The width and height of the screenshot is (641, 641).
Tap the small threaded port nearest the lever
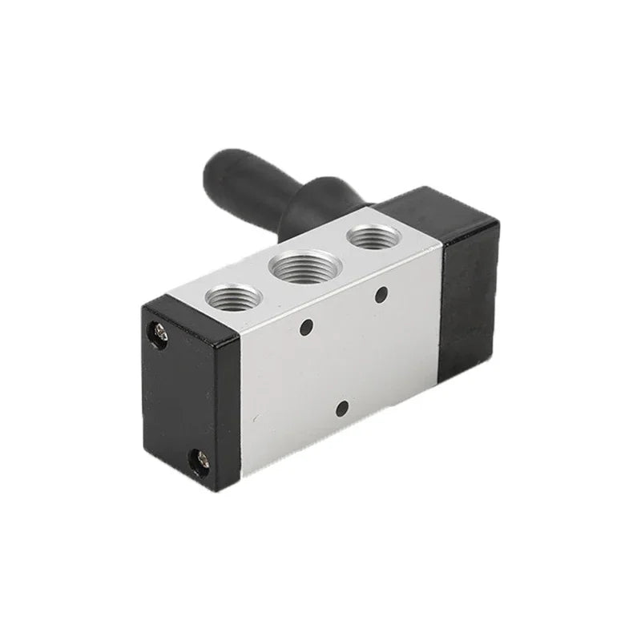(373, 236)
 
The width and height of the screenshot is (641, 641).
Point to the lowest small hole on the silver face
(342, 408)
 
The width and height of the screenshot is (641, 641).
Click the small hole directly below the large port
(305, 327)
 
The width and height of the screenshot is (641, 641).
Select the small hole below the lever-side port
(381, 294)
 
